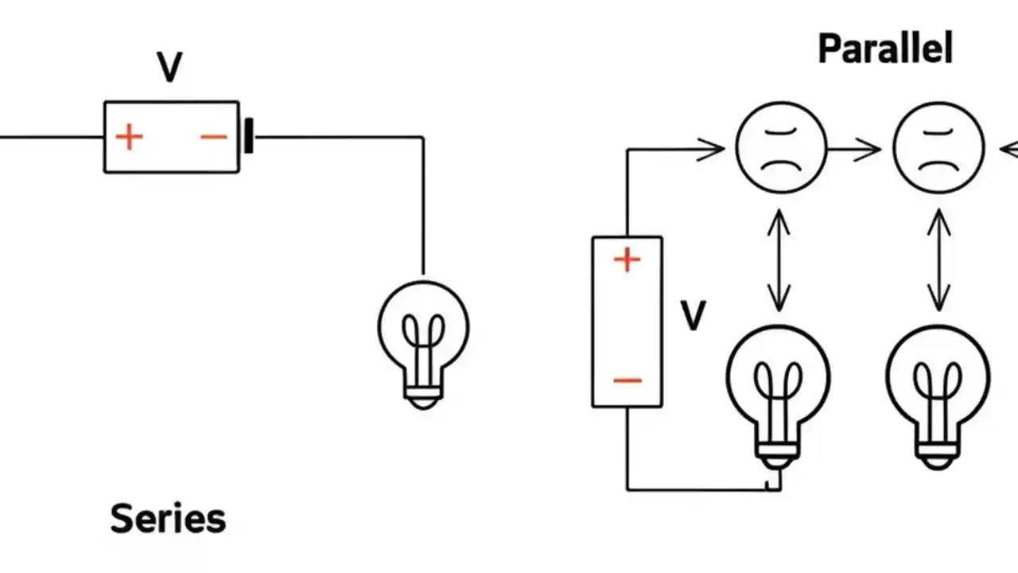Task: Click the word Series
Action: pos(168,519)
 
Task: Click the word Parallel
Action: pos(884,49)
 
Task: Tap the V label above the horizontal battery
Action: pos(170,68)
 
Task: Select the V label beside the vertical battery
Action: pos(693,316)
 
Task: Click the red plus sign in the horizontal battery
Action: pos(129,137)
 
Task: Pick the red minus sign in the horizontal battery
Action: pos(213,137)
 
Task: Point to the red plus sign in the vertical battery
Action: pos(627,259)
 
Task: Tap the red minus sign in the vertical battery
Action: pos(627,380)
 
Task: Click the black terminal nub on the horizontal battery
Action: pos(248,136)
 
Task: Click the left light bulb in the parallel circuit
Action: pos(778,390)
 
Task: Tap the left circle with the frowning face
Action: pos(780,148)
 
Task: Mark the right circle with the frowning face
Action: pos(938,148)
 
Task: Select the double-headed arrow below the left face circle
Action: pos(779,259)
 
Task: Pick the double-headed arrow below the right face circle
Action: pos(938,259)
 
